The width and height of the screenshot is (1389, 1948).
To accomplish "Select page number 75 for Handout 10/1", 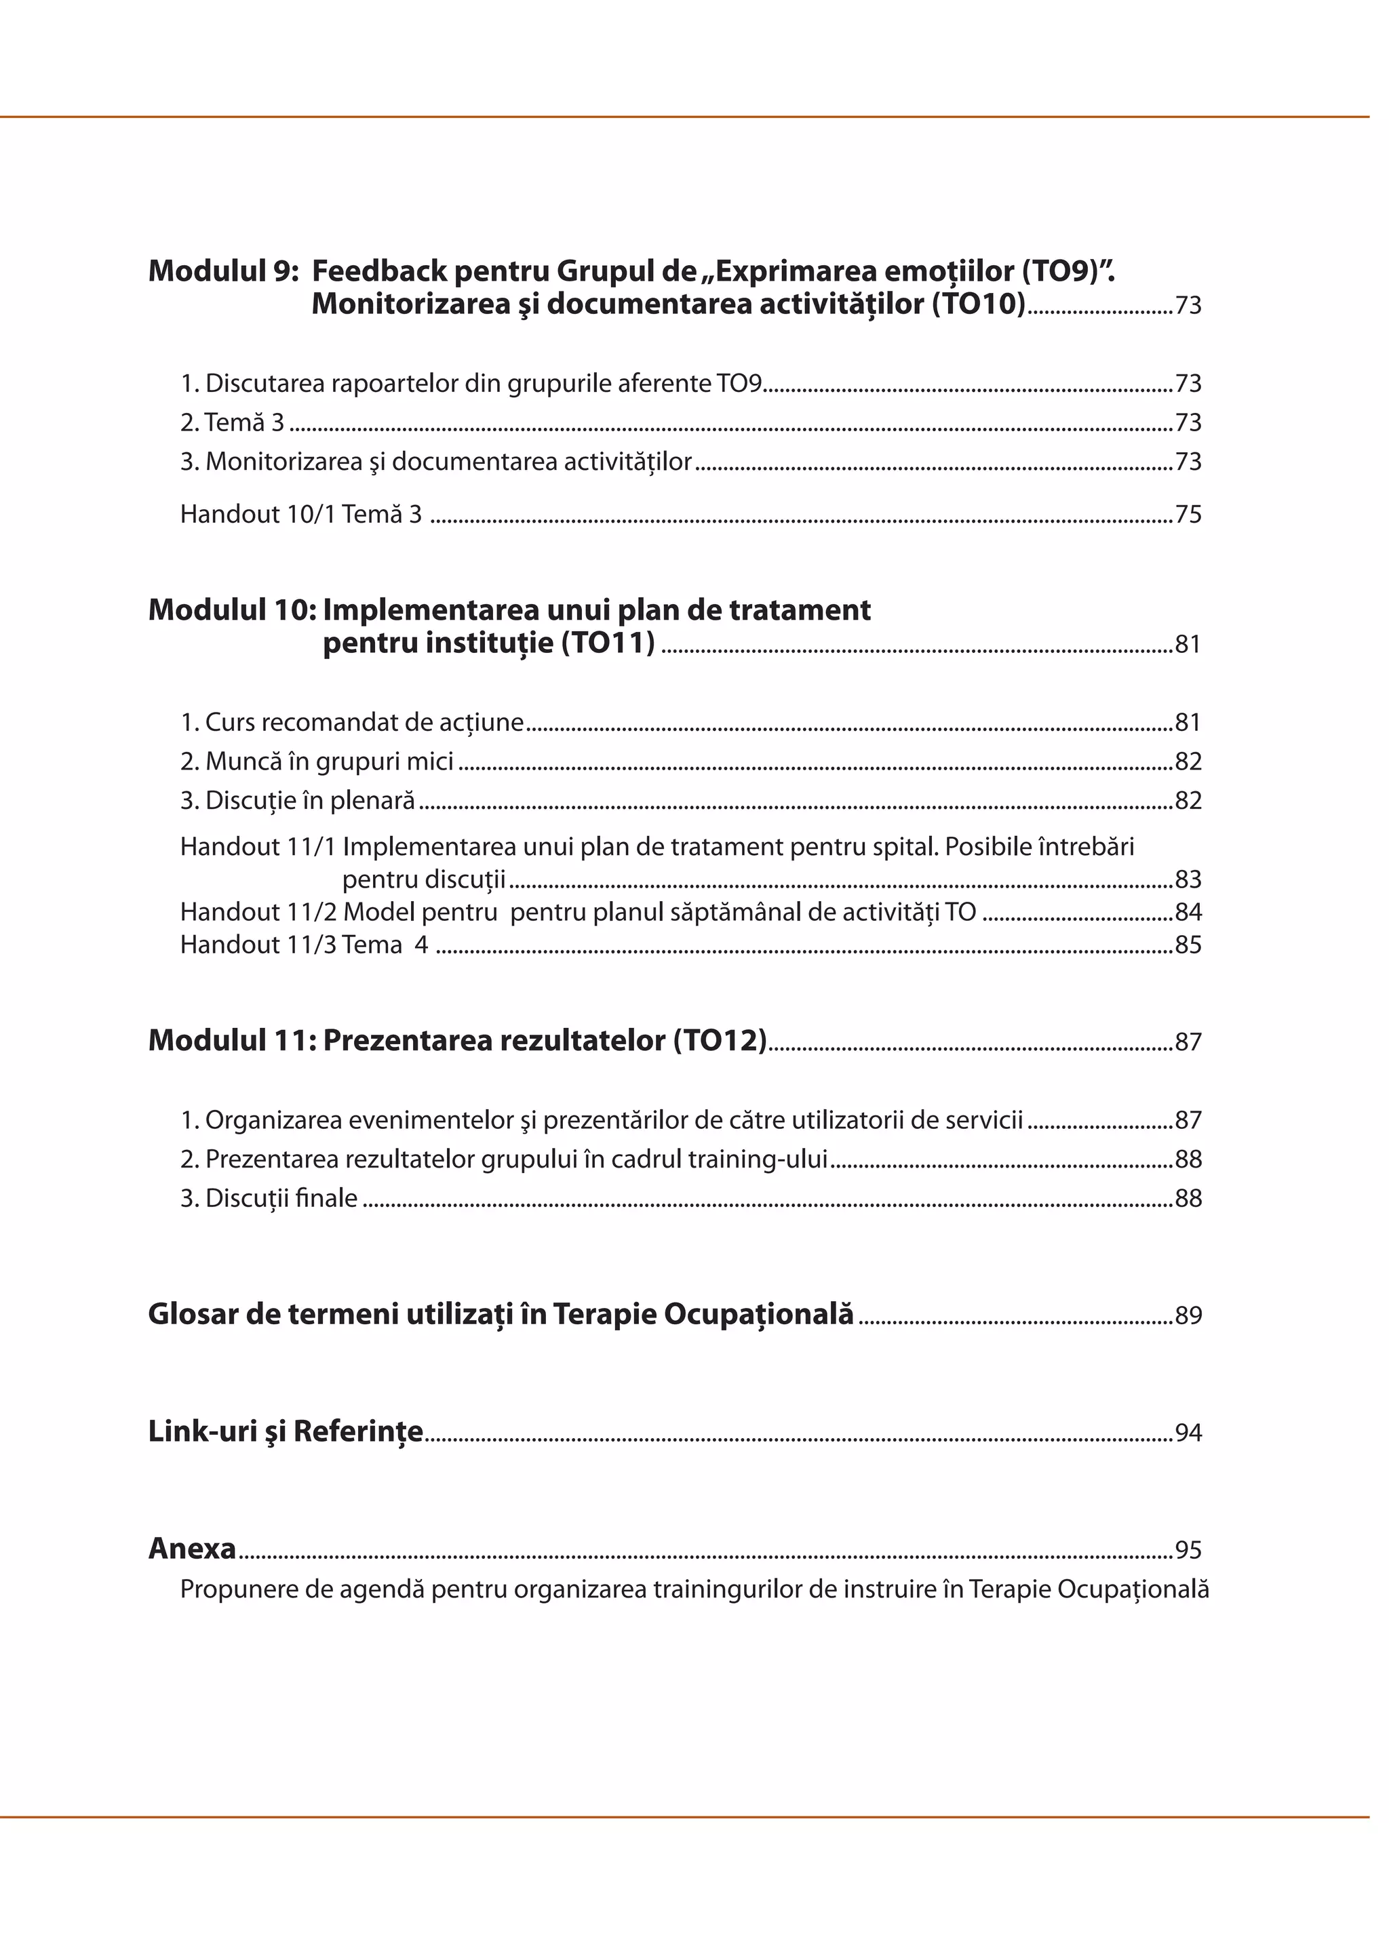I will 1188,515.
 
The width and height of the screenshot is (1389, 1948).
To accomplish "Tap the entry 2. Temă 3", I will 232,423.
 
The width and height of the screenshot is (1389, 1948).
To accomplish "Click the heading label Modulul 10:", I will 232,610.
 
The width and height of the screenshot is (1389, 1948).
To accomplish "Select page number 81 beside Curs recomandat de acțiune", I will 1188,723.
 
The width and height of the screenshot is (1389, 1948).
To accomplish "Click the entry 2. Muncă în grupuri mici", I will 317,762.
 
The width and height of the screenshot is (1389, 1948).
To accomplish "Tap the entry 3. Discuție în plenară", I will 298,801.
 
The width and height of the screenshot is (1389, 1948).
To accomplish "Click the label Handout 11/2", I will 258,913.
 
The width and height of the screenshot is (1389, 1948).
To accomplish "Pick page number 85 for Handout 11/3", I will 1188,946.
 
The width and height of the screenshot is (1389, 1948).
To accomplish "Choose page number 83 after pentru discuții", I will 1188,880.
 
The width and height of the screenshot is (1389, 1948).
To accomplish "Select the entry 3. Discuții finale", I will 269,1199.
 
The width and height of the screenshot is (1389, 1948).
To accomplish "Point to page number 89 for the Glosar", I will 1188,1316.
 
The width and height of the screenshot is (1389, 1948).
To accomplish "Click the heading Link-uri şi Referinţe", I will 286,1431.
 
